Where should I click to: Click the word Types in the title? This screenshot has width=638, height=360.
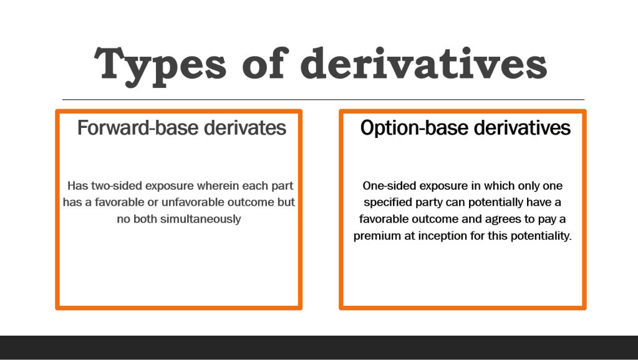point(160,65)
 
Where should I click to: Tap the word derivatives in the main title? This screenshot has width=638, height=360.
point(423,63)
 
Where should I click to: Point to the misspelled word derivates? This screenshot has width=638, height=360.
point(245,128)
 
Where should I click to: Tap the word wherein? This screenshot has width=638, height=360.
point(218,186)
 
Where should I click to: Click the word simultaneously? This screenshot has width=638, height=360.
point(201,219)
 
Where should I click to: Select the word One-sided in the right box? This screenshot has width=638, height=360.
point(389,186)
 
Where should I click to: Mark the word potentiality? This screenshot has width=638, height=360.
point(541,236)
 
